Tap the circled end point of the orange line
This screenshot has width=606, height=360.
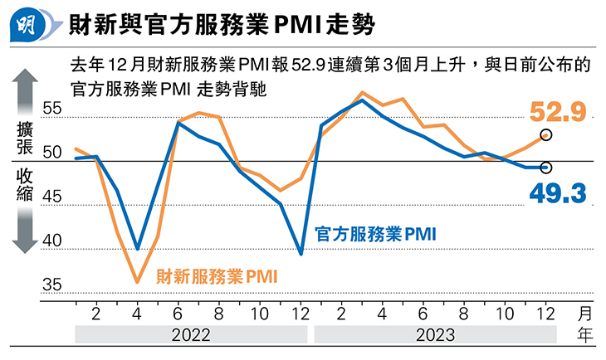[x=545, y=134]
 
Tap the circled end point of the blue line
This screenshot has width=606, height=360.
[x=545, y=168]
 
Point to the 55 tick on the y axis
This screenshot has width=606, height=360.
[x=52, y=109]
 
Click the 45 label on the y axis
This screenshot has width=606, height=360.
[x=52, y=197]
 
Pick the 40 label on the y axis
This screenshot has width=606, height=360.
[x=52, y=241]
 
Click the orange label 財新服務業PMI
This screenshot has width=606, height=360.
[x=217, y=275]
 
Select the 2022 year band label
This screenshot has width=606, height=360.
[x=190, y=335]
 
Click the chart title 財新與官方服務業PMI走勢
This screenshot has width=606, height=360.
[x=220, y=27]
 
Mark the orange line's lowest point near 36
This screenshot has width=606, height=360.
[x=137, y=282]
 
